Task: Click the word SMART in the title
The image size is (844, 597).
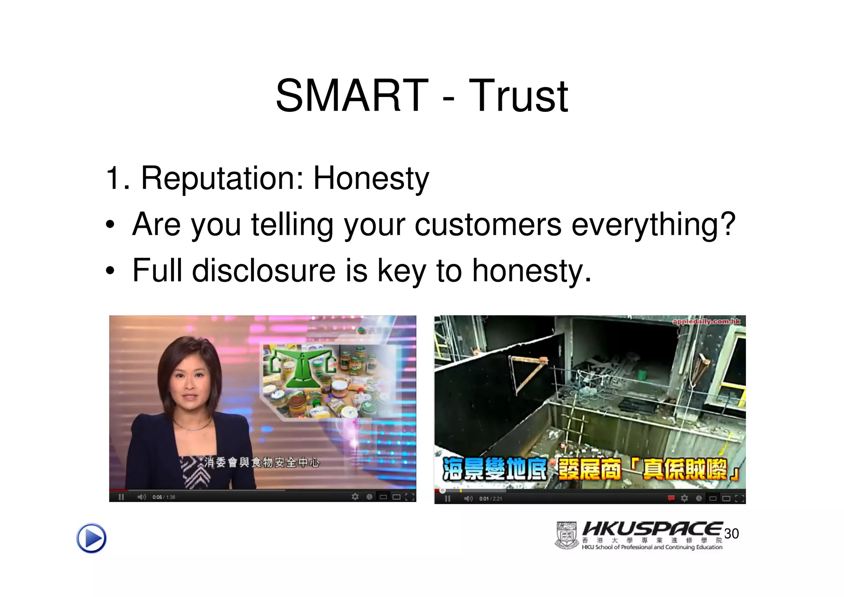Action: pyautogui.click(x=352, y=96)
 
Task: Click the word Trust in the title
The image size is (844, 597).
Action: pyautogui.click(x=518, y=97)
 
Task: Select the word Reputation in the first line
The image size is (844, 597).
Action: pyautogui.click(x=217, y=178)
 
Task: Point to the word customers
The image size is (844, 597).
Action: pyautogui.click(x=488, y=224)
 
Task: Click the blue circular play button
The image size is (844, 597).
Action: pyautogui.click(x=91, y=538)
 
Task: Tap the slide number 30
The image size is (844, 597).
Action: pyautogui.click(x=731, y=533)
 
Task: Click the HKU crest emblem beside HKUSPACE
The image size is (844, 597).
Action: pyautogui.click(x=567, y=536)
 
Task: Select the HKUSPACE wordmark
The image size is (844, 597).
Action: pyautogui.click(x=652, y=529)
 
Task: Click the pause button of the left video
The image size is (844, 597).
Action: pyautogui.click(x=121, y=497)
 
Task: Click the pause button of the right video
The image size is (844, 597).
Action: pyautogui.click(x=448, y=499)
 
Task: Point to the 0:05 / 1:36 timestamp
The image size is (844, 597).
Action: pyautogui.click(x=164, y=497)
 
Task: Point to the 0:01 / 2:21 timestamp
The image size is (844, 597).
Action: pyautogui.click(x=490, y=499)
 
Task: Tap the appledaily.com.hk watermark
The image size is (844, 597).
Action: pyautogui.click(x=706, y=321)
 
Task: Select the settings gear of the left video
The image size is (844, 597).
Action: pyautogui.click(x=355, y=497)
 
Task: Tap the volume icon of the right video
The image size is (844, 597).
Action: pyautogui.click(x=468, y=499)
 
